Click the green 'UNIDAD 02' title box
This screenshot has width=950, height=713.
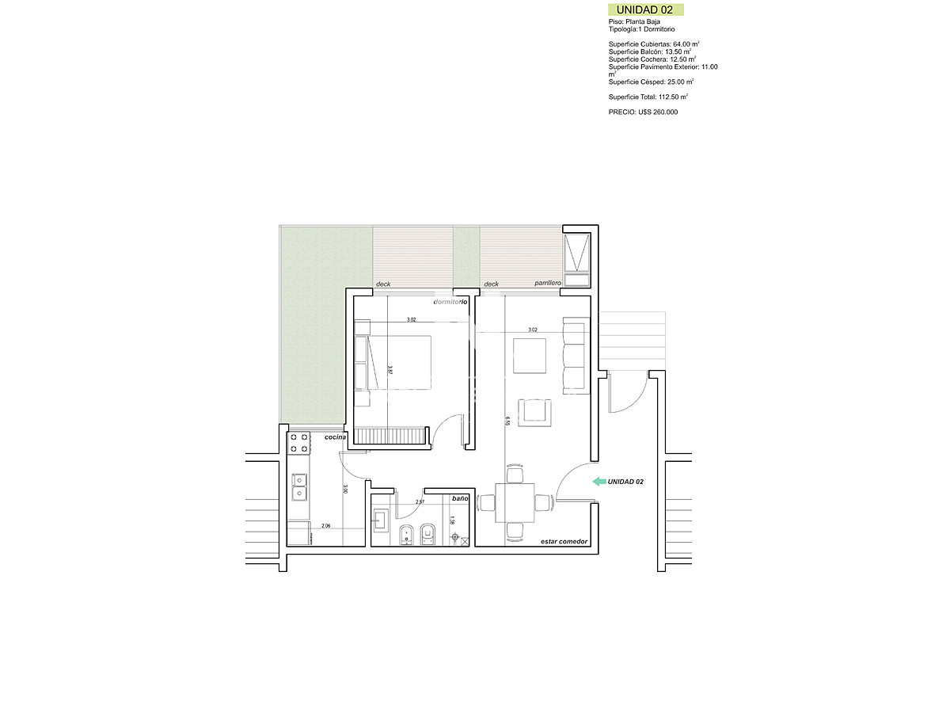pyautogui.click(x=644, y=10)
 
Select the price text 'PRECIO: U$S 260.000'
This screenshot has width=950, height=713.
pyautogui.click(x=643, y=112)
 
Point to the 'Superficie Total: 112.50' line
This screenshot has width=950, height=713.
pyautogui.click(x=648, y=97)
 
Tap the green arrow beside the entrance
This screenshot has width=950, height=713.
pyautogui.click(x=598, y=481)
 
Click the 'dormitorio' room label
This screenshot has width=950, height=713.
pyautogui.click(x=450, y=302)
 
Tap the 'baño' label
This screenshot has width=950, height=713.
pyautogui.click(x=460, y=499)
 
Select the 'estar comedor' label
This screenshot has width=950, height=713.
pyautogui.click(x=564, y=541)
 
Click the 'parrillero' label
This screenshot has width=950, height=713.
pyautogui.click(x=547, y=284)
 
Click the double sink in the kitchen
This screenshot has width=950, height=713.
pyautogui.click(x=299, y=488)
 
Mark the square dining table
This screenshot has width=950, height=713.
pyautogui.click(x=515, y=502)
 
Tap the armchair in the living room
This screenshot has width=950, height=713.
pyautogui.click(x=535, y=412)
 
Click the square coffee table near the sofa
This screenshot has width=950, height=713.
pyautogui.click(x=530, y=356)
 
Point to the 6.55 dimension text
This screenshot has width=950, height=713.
pyautogui.click(x=507, y=422)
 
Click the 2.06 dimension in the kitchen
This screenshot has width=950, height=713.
pyautogui.click(x=325, y=526)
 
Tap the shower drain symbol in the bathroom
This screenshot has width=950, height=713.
pyautogui.click(x=455, y=538)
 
